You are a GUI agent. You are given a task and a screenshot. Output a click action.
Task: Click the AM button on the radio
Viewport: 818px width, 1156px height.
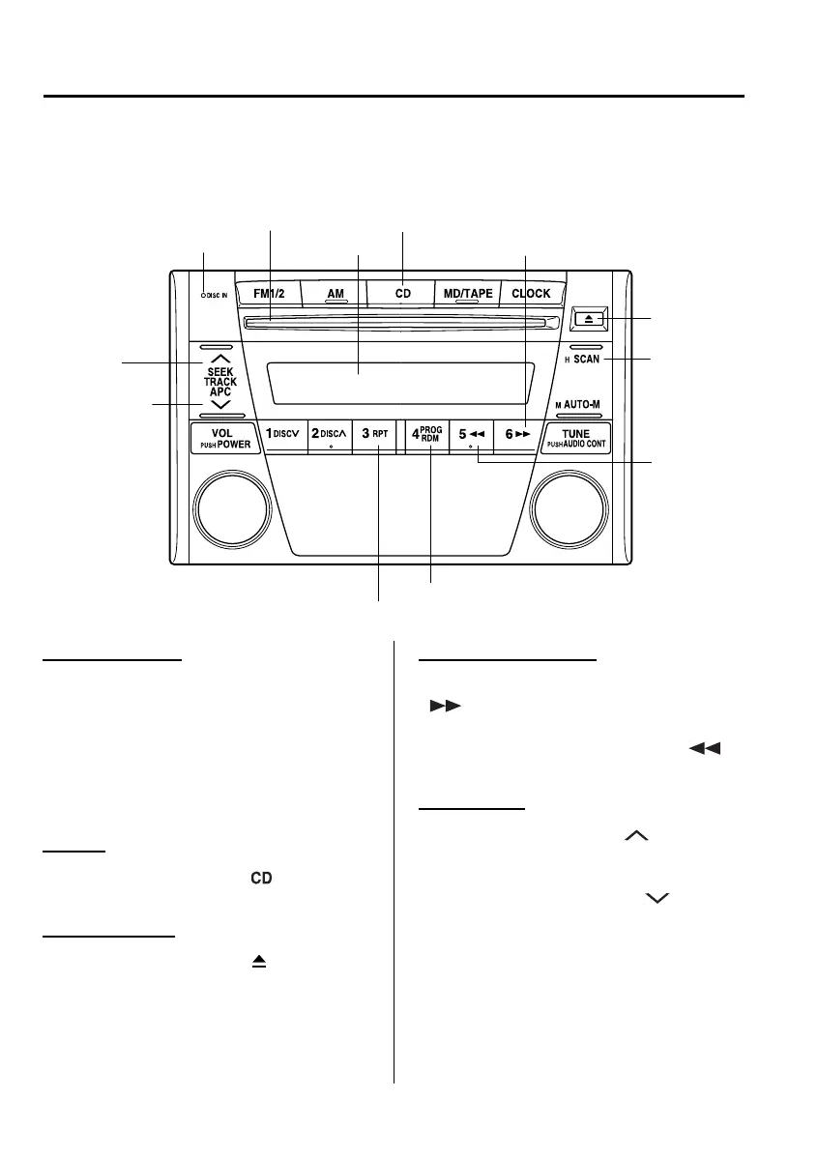tap(335, 293)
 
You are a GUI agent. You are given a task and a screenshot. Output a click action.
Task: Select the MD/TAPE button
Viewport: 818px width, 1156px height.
tap(467, 293)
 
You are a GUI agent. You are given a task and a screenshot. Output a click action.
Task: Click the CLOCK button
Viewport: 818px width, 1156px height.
tap(531, 293)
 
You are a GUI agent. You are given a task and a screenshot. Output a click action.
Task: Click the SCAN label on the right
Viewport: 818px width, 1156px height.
tap(587, 359)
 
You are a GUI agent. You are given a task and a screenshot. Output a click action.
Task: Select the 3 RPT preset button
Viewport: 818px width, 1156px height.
tap(374, 435)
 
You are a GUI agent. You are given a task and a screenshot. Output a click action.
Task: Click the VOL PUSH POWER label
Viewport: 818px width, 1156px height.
tap(221, 438)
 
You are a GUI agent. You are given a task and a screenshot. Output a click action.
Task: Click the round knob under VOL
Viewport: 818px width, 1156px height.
tap(231, 508)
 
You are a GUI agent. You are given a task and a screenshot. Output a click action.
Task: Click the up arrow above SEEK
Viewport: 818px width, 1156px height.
tap(219, 360)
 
